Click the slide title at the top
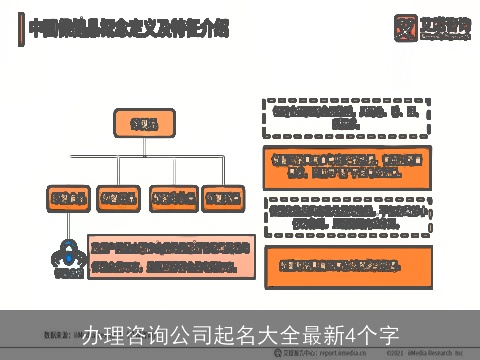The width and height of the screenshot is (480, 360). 128,29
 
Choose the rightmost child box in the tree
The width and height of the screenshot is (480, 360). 221,199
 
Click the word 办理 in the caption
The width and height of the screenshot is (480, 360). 102,335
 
